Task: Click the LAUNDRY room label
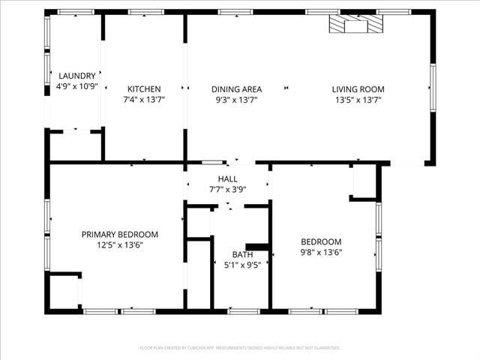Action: coord(77,76)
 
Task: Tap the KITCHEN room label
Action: coord(144,88)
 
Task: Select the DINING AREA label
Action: coord(236,88)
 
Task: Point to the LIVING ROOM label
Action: coord(358,88)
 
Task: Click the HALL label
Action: coord(227,179)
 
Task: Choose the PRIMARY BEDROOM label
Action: coord(120,234)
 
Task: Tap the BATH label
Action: coord(242,254)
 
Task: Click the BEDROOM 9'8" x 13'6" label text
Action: coord(321,241)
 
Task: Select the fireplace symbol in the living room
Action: coord(355,25)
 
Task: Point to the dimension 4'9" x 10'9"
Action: coord(77,86)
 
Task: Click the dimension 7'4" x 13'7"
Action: coord(144,99)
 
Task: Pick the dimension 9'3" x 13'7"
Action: coord(236,99)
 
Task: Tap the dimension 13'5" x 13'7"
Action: coord(358,99)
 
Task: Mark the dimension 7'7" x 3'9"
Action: coord(227,190)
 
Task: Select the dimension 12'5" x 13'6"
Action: coord(120,244)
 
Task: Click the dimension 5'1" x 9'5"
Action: coord(242,265)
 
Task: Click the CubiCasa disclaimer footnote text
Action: coord(240,348)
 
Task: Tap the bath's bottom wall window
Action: coord(243,310)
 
